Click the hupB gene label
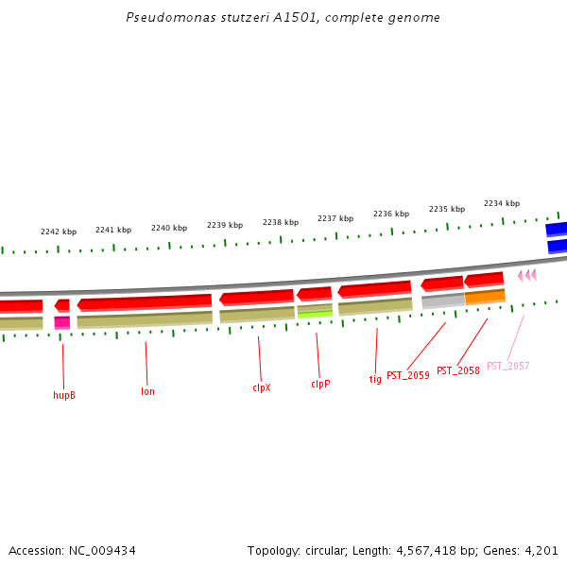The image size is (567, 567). (64, 395)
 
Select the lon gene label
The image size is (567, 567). (147, 391)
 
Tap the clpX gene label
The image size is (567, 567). (262, 387)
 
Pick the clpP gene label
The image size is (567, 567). (320, 385)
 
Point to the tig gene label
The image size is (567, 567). (375, 379)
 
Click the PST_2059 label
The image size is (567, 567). (408, 375)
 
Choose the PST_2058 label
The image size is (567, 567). (457, 370)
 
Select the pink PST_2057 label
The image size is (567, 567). (507, 366)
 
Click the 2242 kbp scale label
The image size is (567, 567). (59, 232)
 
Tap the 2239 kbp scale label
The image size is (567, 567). (225, 225)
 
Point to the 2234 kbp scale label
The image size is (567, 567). (502, 203)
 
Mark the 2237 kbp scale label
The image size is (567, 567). (335, 218)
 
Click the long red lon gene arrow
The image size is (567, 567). (145, 302)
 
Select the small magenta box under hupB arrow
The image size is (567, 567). (62, 322)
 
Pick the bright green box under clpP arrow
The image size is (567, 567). (315, 314)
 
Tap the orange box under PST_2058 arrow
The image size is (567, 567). (485, 297)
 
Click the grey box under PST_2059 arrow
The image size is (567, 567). (442, 301)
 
